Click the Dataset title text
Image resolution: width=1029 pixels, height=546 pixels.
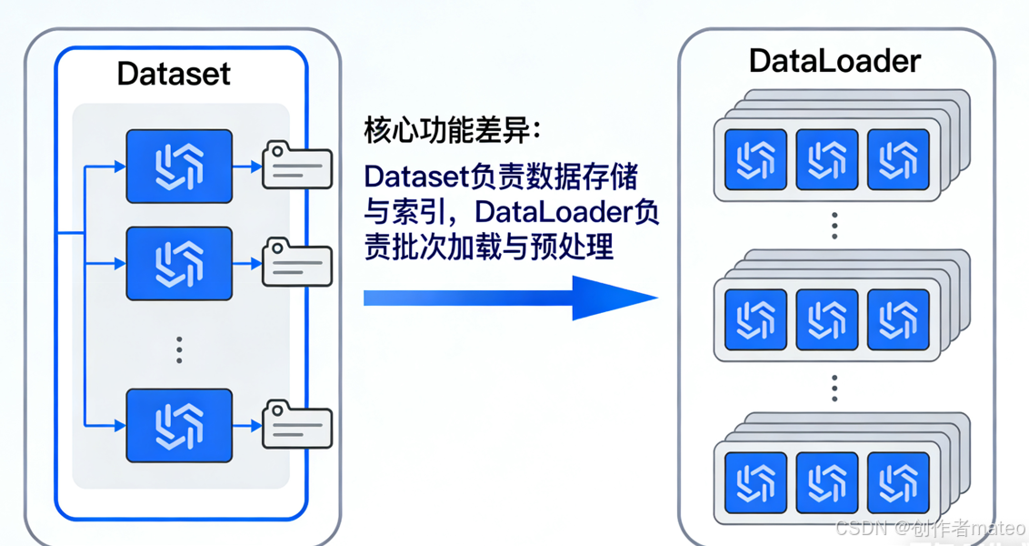(174, 73)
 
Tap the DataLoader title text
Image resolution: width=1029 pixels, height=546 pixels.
(834, 61)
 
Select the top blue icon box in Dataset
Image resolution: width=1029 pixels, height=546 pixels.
(179, 166)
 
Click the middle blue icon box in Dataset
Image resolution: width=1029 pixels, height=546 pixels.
(179, 264)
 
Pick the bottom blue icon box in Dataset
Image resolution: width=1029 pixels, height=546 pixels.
(179, 425)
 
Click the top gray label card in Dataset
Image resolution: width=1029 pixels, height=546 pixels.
(296, 166)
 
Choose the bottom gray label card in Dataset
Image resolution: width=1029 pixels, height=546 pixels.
(296, 425)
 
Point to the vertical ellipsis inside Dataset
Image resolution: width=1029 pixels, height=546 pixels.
(179, 349)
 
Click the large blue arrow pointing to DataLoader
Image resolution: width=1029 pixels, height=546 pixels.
(509, 298)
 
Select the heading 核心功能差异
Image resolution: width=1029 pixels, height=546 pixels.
(452, 130)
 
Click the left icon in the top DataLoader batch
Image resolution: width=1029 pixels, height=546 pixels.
(755, 159)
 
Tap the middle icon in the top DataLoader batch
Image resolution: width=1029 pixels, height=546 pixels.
(826, 159)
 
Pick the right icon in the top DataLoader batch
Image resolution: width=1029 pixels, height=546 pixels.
(898, 159)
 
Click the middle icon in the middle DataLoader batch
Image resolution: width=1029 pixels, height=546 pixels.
(826, 319)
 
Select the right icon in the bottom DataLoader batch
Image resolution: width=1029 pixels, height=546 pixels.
(898, 482)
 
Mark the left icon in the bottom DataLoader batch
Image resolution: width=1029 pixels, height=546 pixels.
(755, 482)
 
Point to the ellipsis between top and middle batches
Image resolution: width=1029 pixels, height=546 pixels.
(834, 226)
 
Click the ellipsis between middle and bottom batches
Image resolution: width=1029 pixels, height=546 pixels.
(834, 389)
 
